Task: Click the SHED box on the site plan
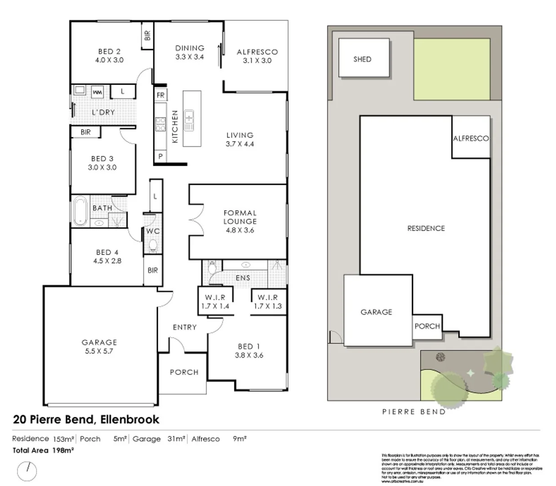coord(363,58)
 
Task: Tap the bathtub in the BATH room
coord(80,211)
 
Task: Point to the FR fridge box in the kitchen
coord(160,95)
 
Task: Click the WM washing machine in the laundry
coord(97,92)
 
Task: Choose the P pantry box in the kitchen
coord(160,157)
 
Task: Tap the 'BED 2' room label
coord(109,52)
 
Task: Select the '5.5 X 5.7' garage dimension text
coord(99,351)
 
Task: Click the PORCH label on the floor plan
coord(184,372)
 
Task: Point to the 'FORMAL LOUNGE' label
coord(240,217)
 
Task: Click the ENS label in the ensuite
coord(243,278)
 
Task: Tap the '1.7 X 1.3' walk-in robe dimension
coord(268,306)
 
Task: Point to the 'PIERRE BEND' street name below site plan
coord(414,411)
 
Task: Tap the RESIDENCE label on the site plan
coord(426,228)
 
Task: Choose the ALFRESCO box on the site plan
coord(471,138)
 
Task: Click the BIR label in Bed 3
coord(85,132)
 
